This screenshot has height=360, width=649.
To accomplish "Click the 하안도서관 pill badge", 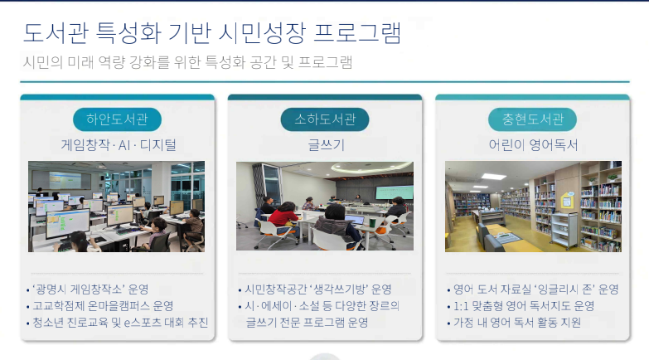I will coord(117,119).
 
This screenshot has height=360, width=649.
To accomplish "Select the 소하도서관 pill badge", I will coord(325,119).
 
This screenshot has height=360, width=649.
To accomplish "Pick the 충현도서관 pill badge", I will coord(532,119).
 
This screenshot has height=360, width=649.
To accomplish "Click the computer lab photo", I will coord(116,206).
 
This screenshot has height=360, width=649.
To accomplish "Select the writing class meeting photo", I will coord(324,206).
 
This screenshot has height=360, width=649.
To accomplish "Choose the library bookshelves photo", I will coord(532,206).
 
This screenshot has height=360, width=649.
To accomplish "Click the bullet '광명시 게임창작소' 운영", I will coord(87,289).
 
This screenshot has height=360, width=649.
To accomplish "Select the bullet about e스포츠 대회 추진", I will coord(117,322).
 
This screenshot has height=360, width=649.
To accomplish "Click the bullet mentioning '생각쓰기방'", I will coord(315,289).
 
